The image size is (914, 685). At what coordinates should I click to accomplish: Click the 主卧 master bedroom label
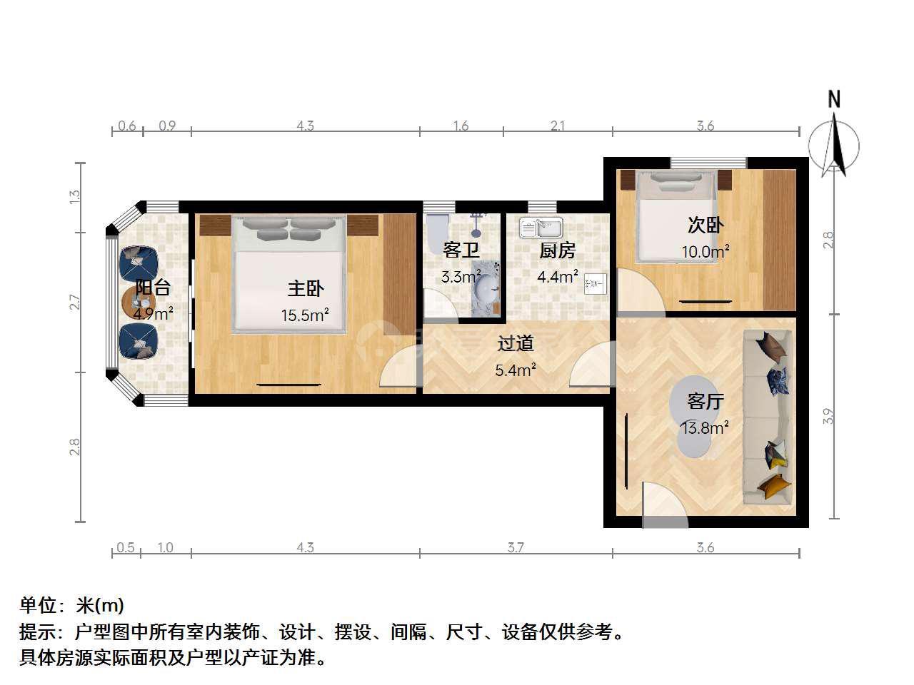click(305, 289)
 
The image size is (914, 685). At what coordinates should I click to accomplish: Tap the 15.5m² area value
click(305, 315)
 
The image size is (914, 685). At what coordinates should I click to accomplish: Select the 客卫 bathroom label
click(461, 250)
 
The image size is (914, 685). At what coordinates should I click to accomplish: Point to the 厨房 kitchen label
click(557, 250)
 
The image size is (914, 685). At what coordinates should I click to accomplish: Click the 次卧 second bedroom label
click(705, 225)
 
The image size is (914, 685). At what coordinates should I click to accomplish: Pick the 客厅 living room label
click(705, 401)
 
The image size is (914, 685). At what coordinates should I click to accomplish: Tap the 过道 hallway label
click(516, 343)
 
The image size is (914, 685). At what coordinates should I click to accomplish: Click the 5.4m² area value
click(515, 370)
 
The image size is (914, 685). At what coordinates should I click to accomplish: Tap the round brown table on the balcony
click(139, 302)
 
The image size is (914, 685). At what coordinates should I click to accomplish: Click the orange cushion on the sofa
click(773, 485)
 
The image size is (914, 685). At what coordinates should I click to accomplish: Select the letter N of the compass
click(833, 99)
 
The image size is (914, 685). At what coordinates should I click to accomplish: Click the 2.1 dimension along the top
click(557, 126)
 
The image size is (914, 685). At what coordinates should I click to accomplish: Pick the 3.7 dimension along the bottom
click(516, 547)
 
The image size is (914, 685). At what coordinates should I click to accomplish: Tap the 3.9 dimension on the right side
click(828, 416)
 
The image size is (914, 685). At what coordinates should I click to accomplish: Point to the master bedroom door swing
click(398, 367)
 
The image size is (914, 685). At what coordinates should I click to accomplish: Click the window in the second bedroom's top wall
click(708, 163)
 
